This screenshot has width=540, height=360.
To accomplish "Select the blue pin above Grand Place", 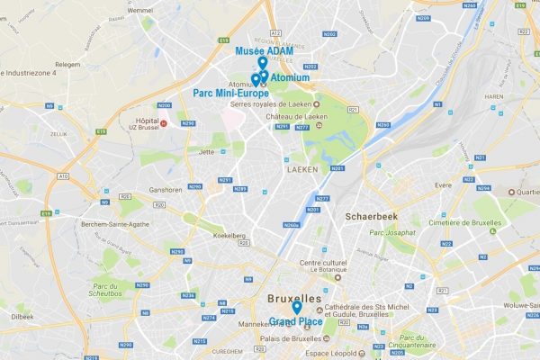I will [297, 306].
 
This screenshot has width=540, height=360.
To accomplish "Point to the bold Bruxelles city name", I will [294, 297].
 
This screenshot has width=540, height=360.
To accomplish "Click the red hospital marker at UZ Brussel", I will [163, 122].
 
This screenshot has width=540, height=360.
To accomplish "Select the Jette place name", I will [206, 152].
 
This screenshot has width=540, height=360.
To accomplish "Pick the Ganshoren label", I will [166, 190].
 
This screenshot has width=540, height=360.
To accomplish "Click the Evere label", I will [443, 184].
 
